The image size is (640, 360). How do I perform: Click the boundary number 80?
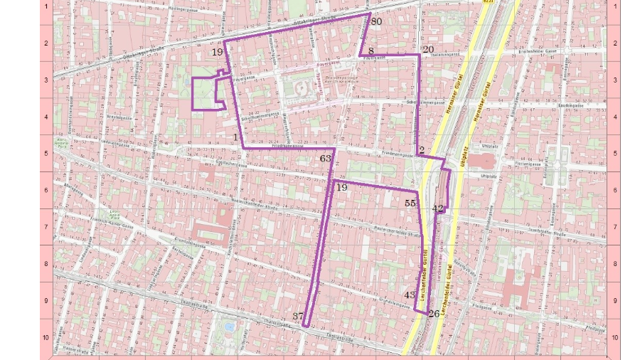pos(376,22)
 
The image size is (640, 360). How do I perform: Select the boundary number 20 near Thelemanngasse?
pos(427,50)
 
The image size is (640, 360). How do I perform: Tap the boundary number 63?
pos(326,159)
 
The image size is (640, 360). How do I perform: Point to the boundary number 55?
pos(410,203)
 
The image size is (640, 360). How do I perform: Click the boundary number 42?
pos(438,208)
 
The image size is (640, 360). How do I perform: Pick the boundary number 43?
pos(410,295)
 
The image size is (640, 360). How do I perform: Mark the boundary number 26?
pos(434,314)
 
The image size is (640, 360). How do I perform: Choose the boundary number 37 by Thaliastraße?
pos(299,317)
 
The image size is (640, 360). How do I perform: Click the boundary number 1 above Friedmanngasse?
pos(235,136)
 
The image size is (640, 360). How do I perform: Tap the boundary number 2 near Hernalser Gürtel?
pos(422,149)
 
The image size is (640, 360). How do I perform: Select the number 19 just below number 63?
pos(342,188)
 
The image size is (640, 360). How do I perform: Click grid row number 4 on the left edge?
pos(46,117)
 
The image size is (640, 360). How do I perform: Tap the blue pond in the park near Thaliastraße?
pos(229,327)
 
